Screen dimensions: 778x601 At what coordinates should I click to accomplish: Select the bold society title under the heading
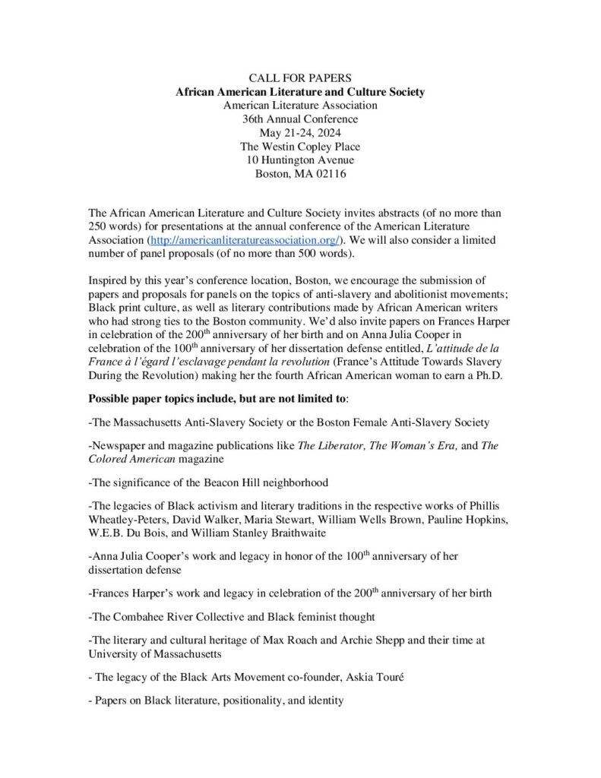coord(300,92)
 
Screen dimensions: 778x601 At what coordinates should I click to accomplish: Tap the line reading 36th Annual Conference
coord(300,119)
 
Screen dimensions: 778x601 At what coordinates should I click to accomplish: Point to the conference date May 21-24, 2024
coord(300,133)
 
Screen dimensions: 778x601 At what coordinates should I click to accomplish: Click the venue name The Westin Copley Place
coord(300,147)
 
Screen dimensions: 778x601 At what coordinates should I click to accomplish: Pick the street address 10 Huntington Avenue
coord(300,160)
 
